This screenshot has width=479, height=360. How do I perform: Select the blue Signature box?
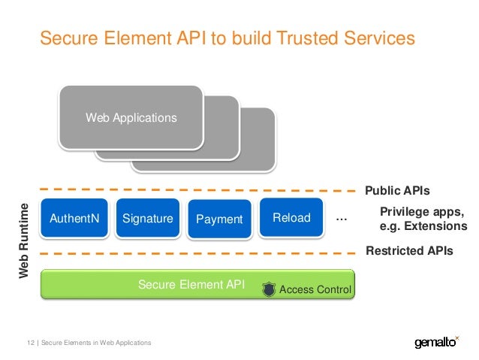click(148, 219)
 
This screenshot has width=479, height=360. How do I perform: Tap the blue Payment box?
click(219, 219)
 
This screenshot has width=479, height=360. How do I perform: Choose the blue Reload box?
click(291, 218)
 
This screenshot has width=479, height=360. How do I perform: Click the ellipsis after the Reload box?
click(342, 218)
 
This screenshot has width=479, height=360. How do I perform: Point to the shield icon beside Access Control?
click(268, 288)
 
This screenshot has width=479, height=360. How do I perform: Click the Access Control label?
click(315, 289)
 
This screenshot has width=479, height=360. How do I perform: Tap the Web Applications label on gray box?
click(131, 118)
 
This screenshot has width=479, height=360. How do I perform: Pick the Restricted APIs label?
click(409, 252)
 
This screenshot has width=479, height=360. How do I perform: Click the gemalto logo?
click(436, 343)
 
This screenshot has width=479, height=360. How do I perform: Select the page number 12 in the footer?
click(31, 343)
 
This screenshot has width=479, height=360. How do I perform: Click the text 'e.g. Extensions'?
click(423, 225)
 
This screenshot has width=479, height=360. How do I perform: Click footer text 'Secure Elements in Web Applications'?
click(96, 343)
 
